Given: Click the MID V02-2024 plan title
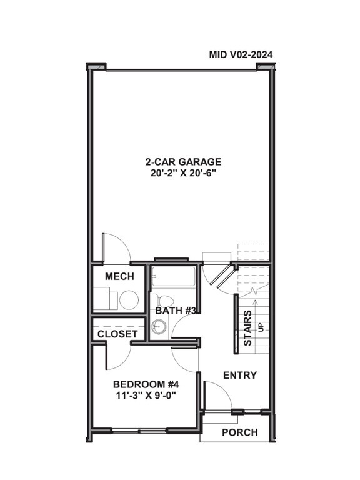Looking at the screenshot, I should (x=241, y=55).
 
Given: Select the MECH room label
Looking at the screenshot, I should (x=119, y=277).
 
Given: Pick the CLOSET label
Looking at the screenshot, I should (x=117, y=334).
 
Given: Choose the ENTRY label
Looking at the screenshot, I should (x=239, y=375).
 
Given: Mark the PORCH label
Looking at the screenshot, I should (x=239, y=432).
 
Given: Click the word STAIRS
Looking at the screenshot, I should (x=247, y=327).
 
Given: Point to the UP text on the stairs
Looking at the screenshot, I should (x=261, y=327).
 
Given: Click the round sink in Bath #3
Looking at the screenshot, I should (x=159, y=326).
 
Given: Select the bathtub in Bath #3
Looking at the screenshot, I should (x=174, y=276).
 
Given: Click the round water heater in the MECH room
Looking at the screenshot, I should (x=128, y=300).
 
